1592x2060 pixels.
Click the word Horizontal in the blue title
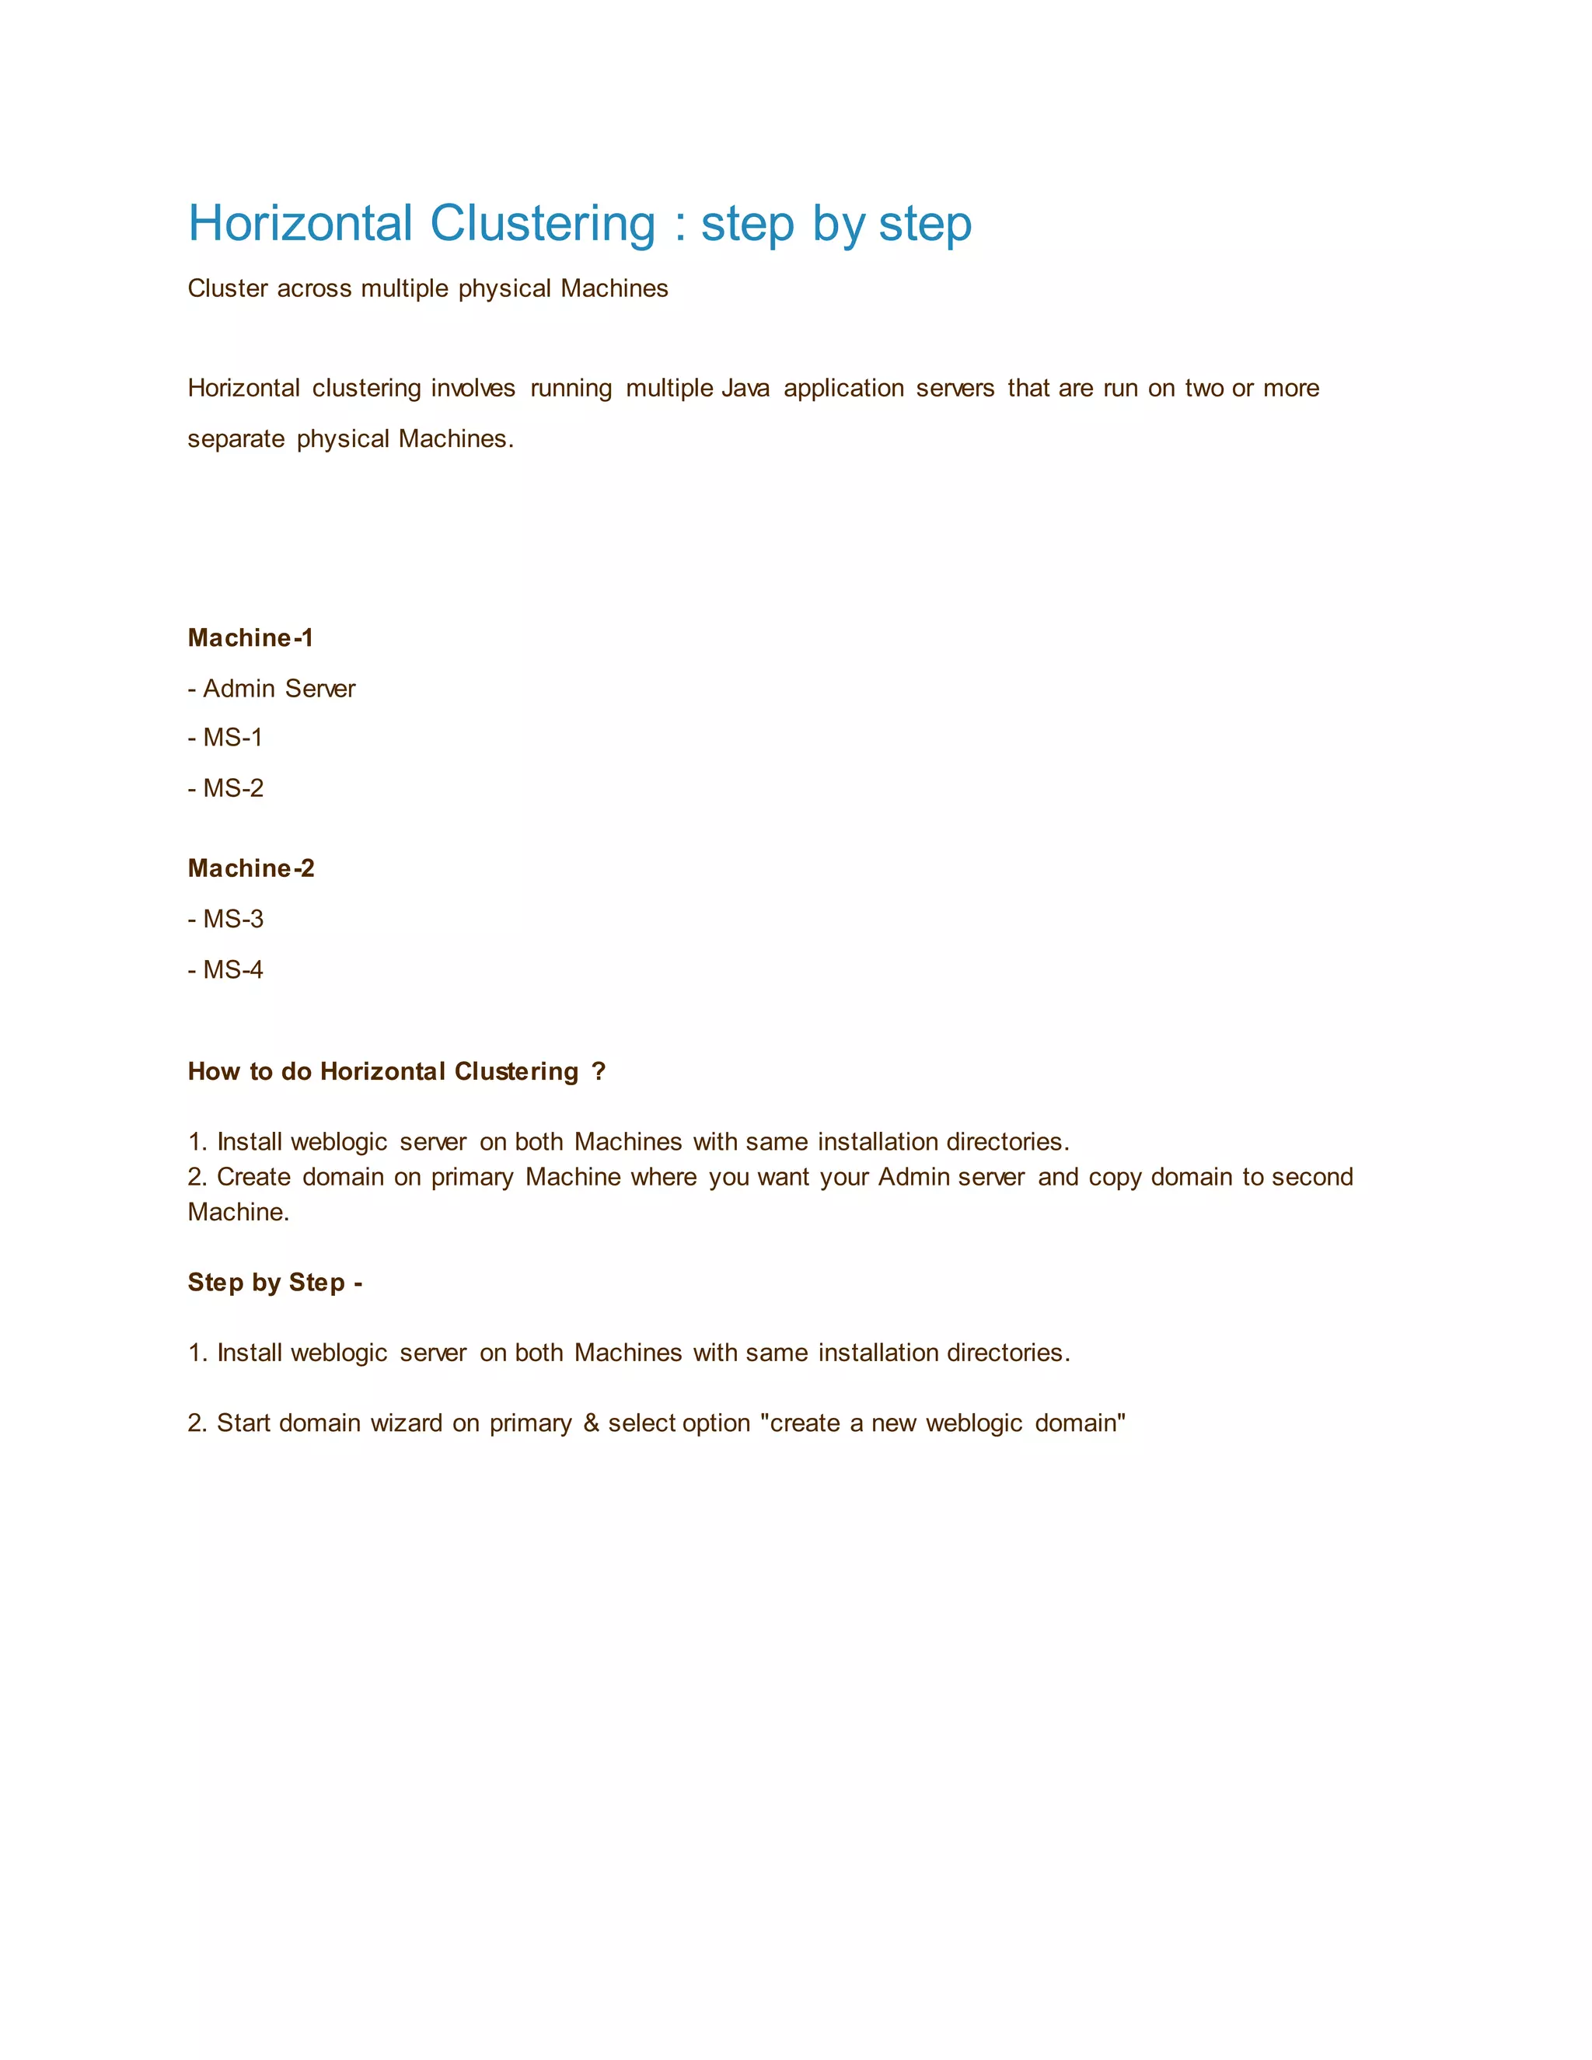pos(300,225)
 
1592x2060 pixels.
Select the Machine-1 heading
pos(250,638)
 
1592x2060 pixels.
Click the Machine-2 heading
pos(251,869)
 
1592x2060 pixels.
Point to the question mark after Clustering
pos(598,1073)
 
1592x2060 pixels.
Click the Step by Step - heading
pos(274,1283)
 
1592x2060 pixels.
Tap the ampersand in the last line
pos(592,1423)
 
